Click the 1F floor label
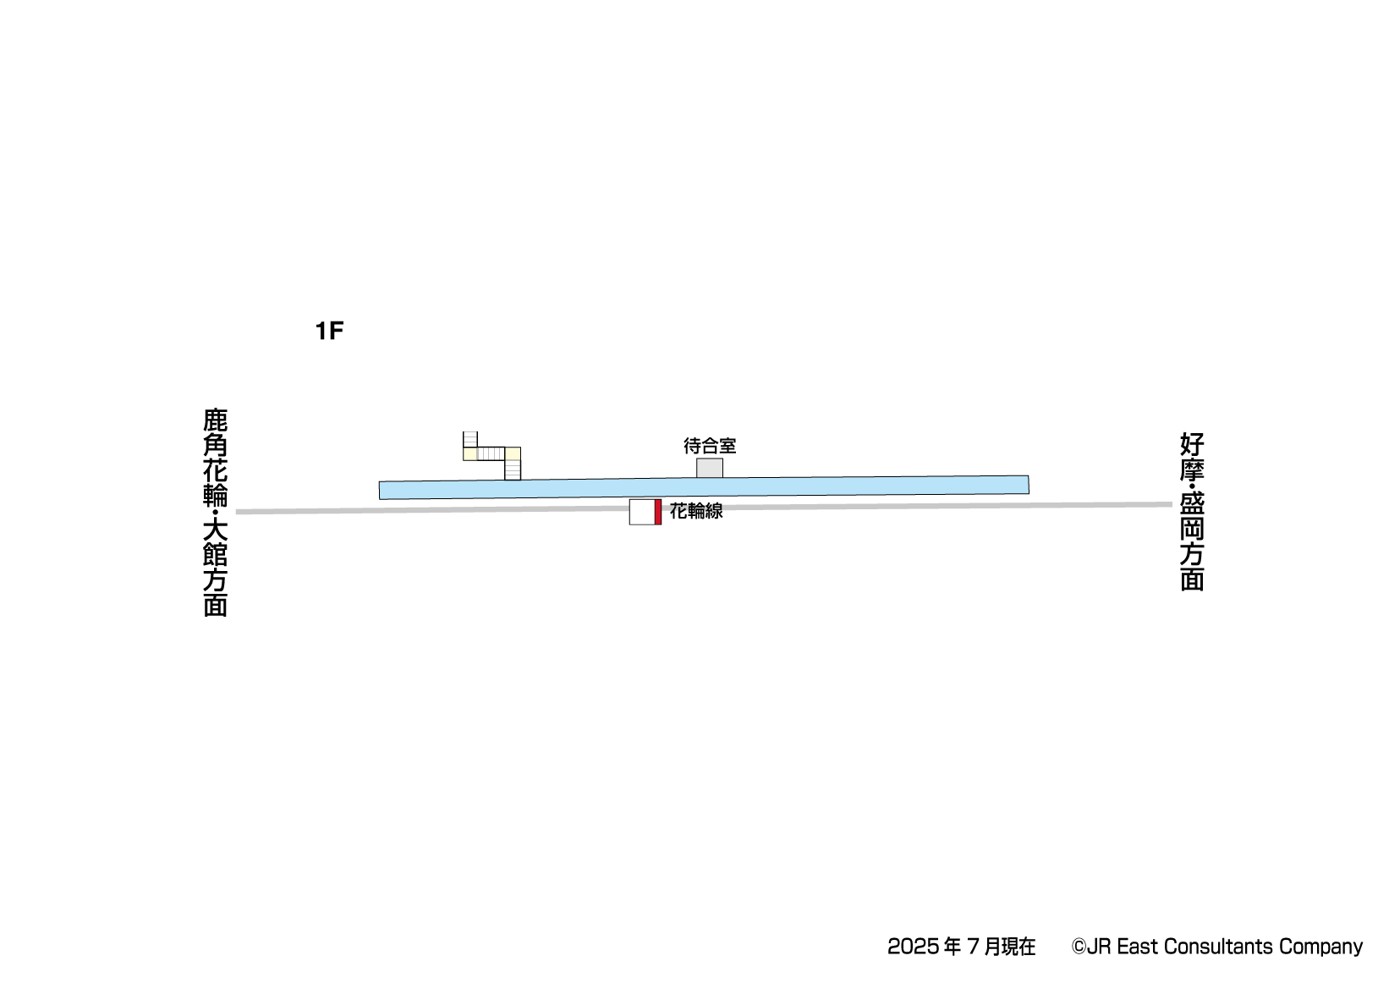(329, 331)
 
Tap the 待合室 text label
(710, 445)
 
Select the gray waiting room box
(710, 469)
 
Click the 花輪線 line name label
(695, 511)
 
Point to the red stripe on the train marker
(658, 512)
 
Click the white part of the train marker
(642, 513)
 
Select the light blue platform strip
(704, 487)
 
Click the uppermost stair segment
(470, 439)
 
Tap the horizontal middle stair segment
(491, 453)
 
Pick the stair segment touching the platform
(513, 470)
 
